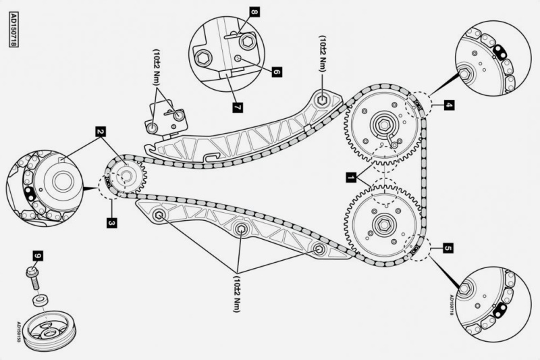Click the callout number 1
pos(350,178)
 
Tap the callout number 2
pos(100,132)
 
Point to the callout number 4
pos(449,105)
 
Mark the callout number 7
pos(236,106)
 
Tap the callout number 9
pos(38,256)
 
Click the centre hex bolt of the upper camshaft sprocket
pos(382,124)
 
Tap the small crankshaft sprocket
pos(125,178)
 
